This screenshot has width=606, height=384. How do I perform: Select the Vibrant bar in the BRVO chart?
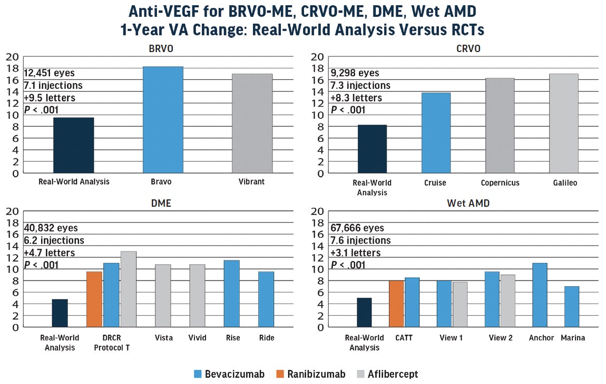click(252, 123)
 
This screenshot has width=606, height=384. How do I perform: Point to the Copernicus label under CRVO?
click(500, 183)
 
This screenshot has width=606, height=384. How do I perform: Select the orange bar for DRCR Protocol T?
click(94, 299)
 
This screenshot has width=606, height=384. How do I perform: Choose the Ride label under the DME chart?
click(266, 338)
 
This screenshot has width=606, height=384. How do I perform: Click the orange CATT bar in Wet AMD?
click(396, 304)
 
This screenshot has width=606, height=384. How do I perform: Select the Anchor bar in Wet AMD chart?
click(540, 295)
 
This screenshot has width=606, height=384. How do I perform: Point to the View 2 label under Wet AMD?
click(500, 338)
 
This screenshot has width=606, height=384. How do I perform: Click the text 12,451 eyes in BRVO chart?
click(50, 73)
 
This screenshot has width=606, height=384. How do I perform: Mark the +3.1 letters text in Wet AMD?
click(355, 252)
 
